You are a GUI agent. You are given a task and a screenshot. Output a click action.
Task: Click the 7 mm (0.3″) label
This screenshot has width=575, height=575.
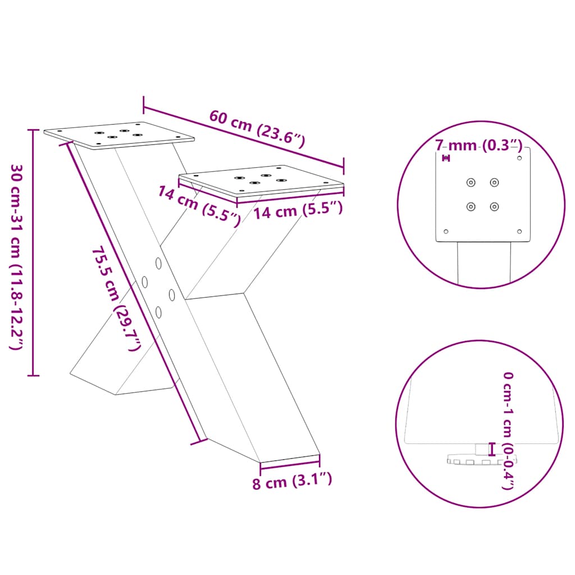[x=479, y=146]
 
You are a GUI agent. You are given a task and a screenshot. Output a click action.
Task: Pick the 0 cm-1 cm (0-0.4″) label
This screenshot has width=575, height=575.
[x=508, y=430]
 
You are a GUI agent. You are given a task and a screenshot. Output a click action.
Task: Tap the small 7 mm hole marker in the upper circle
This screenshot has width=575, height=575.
[x=446, y=158]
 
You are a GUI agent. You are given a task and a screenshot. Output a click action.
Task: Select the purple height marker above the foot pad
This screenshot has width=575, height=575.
[x=492, y=449]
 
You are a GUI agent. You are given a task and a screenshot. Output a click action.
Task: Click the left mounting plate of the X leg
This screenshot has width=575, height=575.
[x=119, y=135]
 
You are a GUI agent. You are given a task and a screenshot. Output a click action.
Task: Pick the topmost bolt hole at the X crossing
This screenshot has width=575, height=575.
[x=159, y=262]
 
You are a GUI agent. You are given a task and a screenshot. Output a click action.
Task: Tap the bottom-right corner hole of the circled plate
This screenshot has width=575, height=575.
[x=519, y=231]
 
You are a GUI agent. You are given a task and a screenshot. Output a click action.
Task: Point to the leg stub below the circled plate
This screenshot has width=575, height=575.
[x=484, y=264]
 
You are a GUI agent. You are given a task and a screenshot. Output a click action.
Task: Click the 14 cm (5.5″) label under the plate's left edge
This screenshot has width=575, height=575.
[x=199, y=204]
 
